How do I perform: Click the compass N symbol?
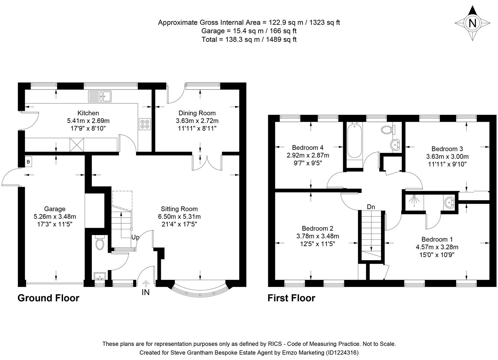click(x=472, y=23)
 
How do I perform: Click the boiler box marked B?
click(x=28, y=162)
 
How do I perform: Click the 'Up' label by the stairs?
click(x=135, y=237)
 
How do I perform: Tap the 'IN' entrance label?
click(x=146, y=292)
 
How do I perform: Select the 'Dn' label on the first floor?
click(x=371, y=207)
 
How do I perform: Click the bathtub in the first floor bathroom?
click(x=354, y=141)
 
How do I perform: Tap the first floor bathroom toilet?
click(x=387, y=129)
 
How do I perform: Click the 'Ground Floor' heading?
click(x=48, y=298)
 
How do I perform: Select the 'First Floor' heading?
click(x=291, y=298)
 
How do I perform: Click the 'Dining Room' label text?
click(x=197, y=113)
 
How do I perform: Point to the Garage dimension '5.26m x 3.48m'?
click(x=55, y=217)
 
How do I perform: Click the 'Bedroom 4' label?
click(x=307, y=147)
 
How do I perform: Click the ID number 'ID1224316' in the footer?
click(x=342, y=352)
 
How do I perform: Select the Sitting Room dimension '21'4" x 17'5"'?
click(x=179, y=224)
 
